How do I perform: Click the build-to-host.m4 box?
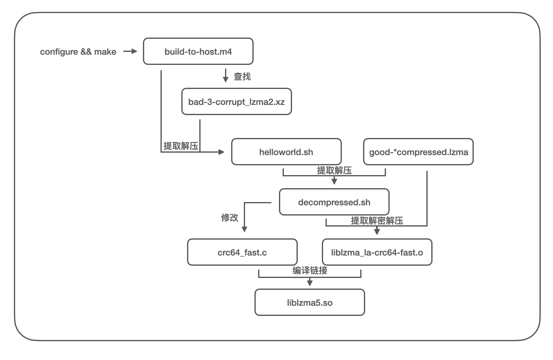tap(198, 51)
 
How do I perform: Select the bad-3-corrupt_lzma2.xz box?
tap(236, 101)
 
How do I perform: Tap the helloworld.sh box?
tap(286, 152)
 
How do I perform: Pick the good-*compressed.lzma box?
tap(419, 152)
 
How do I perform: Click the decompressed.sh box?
tap(334, 202)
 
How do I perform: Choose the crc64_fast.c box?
tap(242, 252)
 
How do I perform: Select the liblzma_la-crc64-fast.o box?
tap(377, 252)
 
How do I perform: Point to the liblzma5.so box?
tap(310, 302)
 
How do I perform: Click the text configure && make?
tap(78, 52)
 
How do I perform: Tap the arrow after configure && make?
tap(130, 51)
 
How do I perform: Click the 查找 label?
tap(242, 76)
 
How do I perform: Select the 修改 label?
tap(230, 218)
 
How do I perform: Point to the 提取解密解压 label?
tap(377, 220)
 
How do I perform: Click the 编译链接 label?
tap(310, 271)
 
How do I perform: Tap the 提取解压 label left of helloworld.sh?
tap(181, 146)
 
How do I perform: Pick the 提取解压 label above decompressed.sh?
tap(334, 171)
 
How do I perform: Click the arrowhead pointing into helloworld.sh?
tap(221, 152)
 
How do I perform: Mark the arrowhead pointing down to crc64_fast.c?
tap(244, 229)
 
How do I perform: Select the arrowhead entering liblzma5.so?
tap(310, 283)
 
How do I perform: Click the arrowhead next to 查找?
tap(225, 79)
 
